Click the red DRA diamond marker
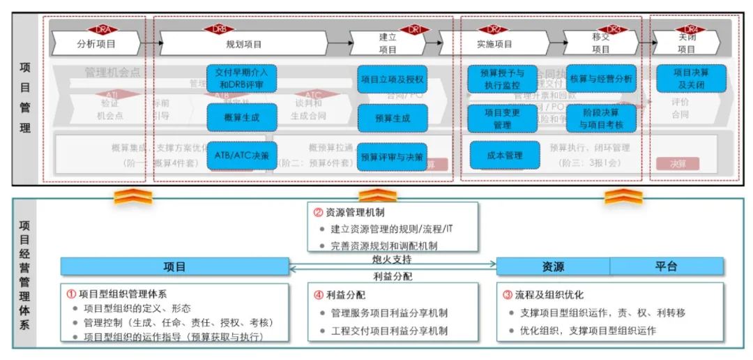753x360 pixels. click(x=103, y=30)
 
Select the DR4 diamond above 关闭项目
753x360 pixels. click(x=691, y=30)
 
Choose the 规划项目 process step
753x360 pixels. click(x=244, y=45)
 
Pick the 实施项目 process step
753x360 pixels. click(x=494, y=45)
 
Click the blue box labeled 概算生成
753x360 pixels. click(x=242, y=117)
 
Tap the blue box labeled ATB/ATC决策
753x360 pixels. click(x=242, y=154)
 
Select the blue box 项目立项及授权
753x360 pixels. click(x=392, y=79)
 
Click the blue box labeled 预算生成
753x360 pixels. click(x=392, y=118)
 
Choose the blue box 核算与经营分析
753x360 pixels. click(x=600, y=79)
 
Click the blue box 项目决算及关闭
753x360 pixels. click(x=691, y=79)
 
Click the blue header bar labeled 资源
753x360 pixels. click(x=553, y=267)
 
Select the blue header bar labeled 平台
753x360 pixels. click(x=666, y=267)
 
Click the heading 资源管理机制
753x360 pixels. click(x=356, y=213)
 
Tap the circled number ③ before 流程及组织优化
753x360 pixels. click(x=508, y=294)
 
